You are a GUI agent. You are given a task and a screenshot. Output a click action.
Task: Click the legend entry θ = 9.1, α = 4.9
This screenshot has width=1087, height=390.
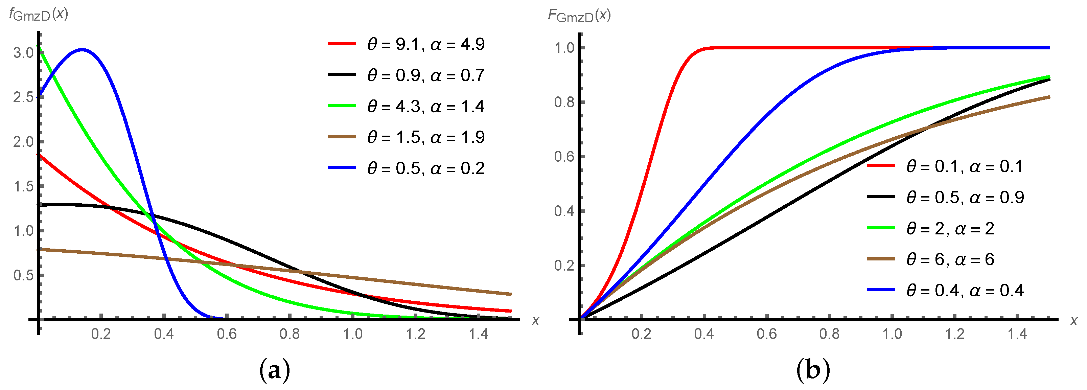coord(425,44)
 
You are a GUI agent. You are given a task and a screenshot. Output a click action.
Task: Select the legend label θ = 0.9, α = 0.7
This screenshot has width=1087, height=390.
coord(425,75)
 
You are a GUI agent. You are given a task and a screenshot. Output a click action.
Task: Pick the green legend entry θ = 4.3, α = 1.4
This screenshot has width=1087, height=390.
coord(425,106)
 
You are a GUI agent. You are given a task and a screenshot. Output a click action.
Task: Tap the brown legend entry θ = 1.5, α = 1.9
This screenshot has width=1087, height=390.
coord(425,137)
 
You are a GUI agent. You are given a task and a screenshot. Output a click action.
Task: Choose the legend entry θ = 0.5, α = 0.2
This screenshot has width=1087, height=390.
coord(425,168)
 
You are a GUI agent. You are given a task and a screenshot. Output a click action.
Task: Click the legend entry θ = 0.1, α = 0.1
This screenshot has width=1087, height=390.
coord(964,167)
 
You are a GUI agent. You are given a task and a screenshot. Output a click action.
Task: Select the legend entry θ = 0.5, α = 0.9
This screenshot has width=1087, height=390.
coord(965,198)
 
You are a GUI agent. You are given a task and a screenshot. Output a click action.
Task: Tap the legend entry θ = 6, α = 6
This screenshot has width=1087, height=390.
coord(950,259)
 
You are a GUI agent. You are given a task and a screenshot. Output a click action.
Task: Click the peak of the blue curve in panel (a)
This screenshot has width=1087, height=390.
coord(82,50)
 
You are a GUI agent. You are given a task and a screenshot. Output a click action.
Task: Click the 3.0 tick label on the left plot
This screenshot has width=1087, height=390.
coord(23,53)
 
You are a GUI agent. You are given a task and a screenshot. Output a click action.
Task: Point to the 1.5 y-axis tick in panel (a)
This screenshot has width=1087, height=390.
coord(23,186)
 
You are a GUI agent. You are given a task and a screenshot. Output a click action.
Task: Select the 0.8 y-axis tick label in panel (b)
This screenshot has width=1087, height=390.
coord(564,102)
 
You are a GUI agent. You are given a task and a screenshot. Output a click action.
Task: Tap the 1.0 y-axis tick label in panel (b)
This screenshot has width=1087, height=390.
coord(564,48)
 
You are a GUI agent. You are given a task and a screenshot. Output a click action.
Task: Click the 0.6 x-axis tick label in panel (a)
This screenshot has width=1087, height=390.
coord(227,334)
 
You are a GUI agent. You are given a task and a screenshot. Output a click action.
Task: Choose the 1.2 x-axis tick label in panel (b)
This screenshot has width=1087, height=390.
coord(954,334)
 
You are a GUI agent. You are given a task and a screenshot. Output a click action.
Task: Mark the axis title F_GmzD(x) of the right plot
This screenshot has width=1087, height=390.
coord(579,16)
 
